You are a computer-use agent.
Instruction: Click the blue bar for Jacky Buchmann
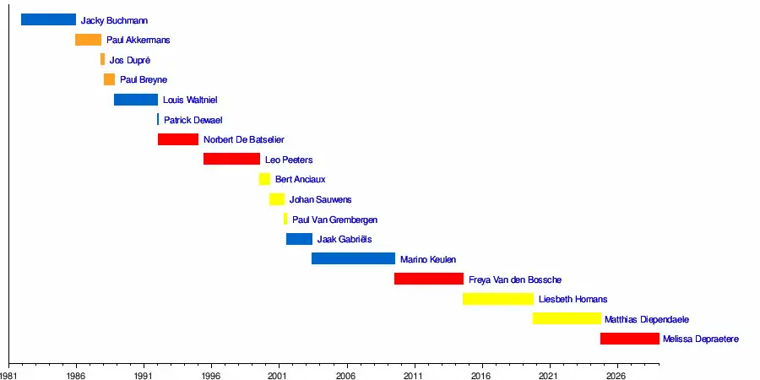(48, 19)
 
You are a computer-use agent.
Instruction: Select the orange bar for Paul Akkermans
(88, 40)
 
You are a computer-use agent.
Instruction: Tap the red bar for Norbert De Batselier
(177, 139)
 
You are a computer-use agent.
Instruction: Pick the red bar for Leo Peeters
(231, 159)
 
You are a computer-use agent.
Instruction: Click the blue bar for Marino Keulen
(353, 258)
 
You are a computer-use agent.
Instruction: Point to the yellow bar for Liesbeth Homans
(498, 299)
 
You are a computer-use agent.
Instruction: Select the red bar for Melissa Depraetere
(629, 339)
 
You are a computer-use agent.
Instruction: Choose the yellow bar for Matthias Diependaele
(567, 318)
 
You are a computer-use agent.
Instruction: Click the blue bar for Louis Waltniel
(136, 100)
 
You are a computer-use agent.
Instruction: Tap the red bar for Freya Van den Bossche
(429, 279)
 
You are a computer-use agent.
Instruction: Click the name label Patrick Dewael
(193, 120)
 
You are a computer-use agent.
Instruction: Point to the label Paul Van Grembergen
(334, 220)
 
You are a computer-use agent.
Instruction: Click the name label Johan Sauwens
(320, 199)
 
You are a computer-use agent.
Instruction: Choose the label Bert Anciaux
(300, 179)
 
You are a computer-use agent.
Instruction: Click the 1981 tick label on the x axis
(9, 373)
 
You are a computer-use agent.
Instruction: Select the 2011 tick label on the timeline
(413, 373)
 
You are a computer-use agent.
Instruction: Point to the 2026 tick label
(616, 373)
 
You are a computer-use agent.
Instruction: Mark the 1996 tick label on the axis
(211, 373)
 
